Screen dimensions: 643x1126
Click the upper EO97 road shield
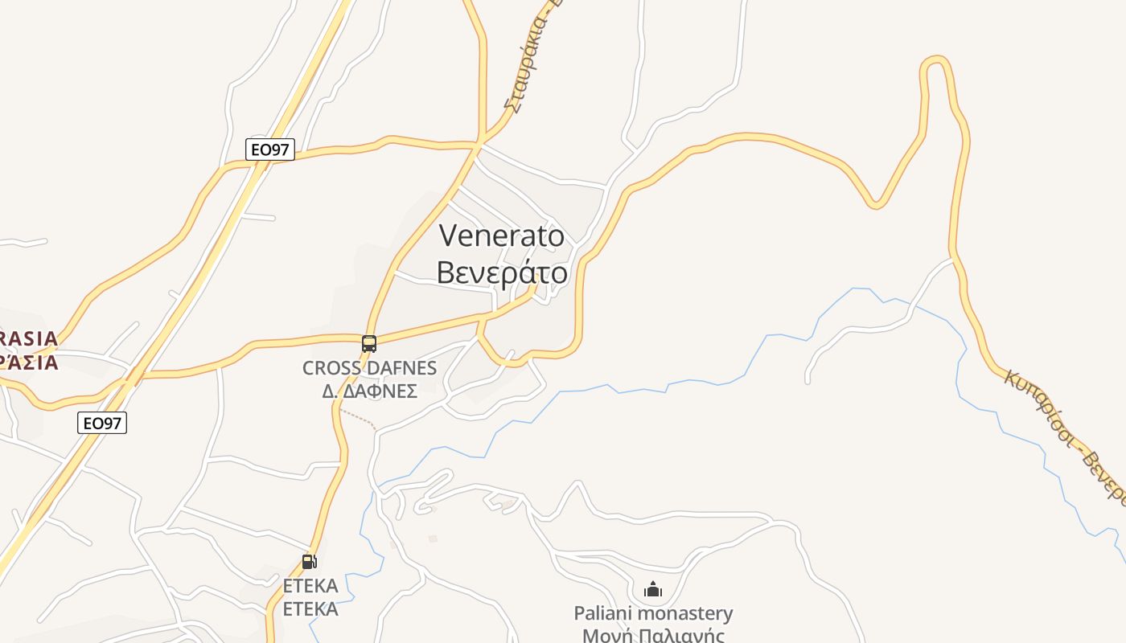(270, 149)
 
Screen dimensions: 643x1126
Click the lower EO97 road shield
(102, 423)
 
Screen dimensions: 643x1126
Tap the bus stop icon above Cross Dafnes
(369, 344)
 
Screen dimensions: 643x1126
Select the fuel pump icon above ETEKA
(309, 562)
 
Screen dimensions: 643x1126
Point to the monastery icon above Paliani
(653, 590)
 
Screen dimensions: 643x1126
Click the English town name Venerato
(502, 235)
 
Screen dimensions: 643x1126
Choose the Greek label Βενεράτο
(502, 273)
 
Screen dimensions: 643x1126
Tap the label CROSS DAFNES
(369, 369)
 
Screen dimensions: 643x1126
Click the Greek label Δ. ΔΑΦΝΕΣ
(369, 391)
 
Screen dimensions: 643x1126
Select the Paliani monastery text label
(653, 614)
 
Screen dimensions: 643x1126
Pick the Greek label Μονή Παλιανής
(653, 636)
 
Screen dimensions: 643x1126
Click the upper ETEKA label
(310, 586)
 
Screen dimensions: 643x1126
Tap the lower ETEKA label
(310, 609)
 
